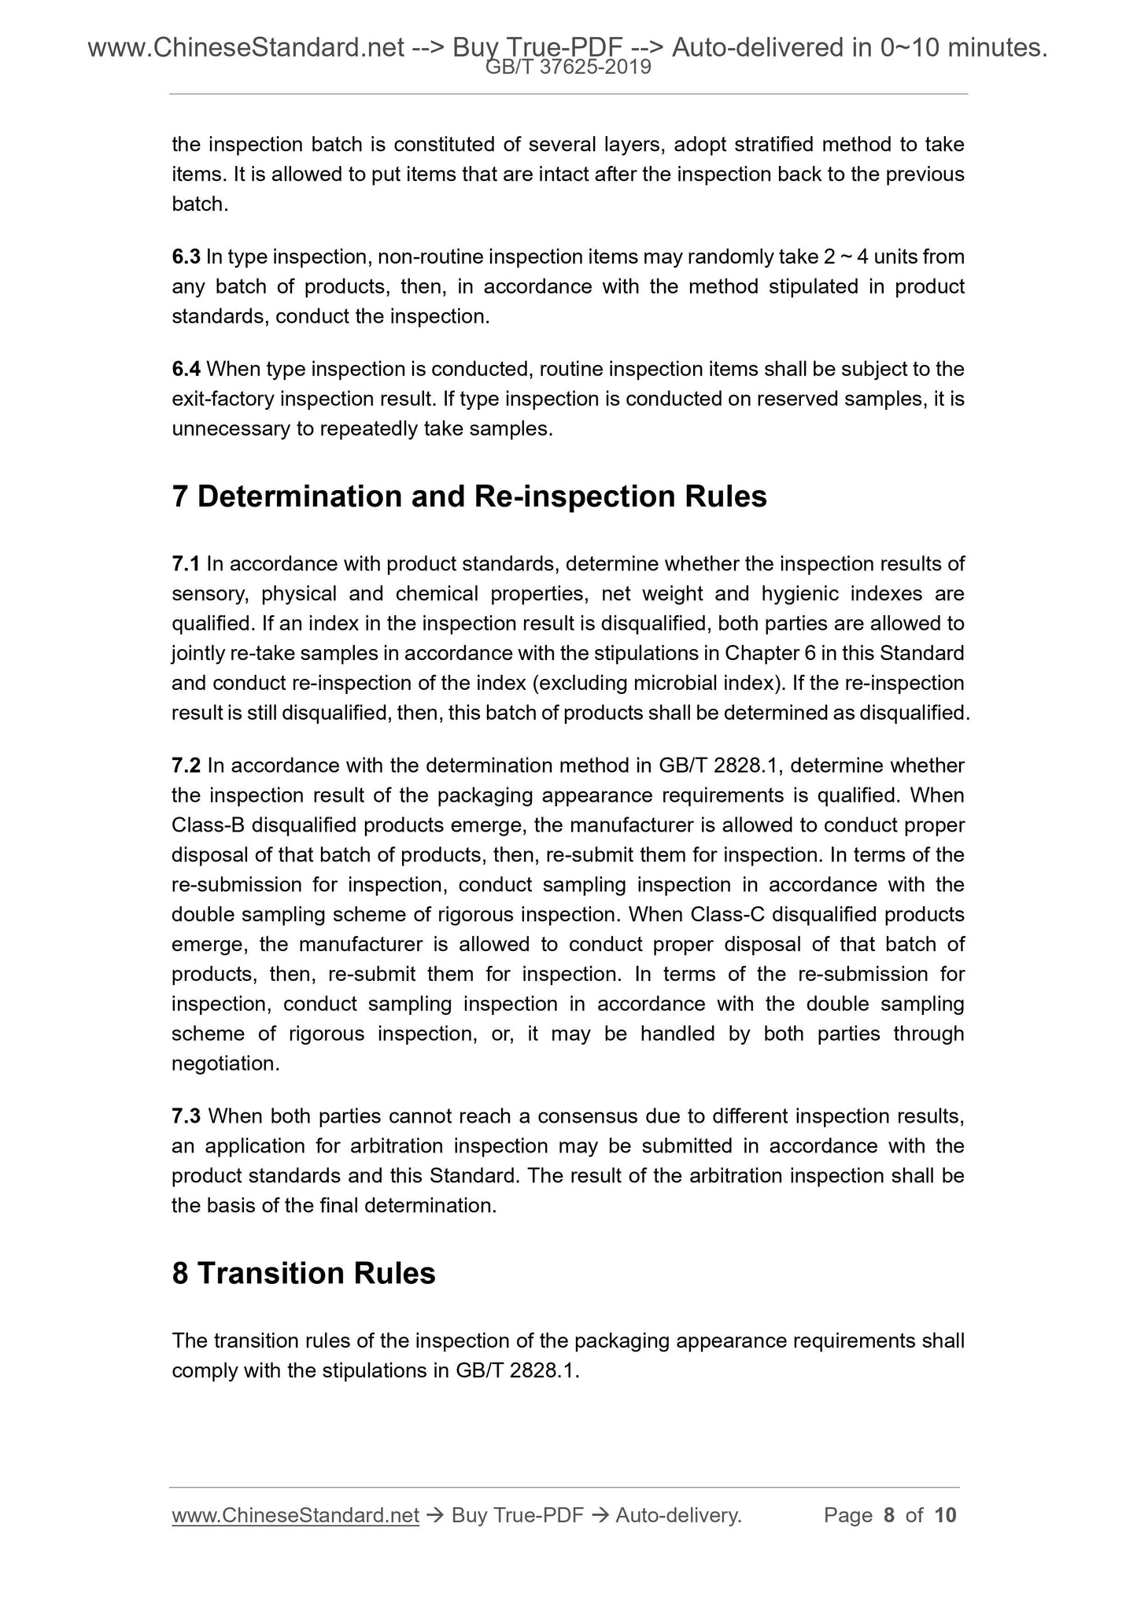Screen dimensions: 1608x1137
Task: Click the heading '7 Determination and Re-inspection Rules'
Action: (x=469, y=497)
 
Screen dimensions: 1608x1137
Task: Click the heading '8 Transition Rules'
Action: (x=304, y=1274)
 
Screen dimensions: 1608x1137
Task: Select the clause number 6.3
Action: (x=186, y=257)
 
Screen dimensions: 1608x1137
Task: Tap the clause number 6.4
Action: (x=186, y=370)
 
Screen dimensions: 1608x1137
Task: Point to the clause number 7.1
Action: (x=186, y=564)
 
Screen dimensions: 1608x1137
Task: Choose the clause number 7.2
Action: (x=186, y=766)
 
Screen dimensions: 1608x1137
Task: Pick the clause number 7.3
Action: (x=186, y=1116)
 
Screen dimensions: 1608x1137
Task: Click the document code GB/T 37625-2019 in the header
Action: (x=568, y=68)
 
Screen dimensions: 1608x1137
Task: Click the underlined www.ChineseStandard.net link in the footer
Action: (x=295, y=1516)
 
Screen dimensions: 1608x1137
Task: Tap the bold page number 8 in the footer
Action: (x=889, y=1516)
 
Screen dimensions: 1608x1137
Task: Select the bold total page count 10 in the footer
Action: (x=945, y=1516)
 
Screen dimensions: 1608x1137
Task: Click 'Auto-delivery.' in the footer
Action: (x=678, y=1516)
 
